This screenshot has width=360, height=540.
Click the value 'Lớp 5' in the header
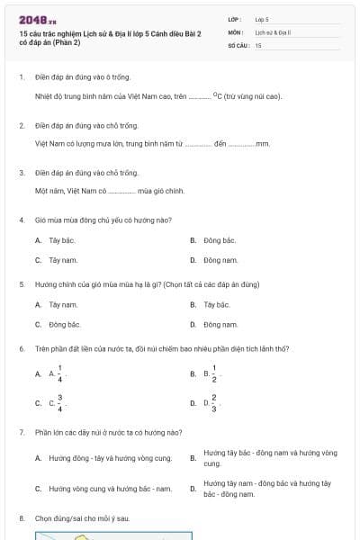click(262, 18)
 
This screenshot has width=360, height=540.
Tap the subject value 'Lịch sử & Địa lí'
click(268, 31)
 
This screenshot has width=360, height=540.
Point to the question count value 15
click(258, 45)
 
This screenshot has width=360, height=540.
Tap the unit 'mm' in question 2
click(263, 143)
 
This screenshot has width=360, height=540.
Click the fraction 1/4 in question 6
click(60, 373)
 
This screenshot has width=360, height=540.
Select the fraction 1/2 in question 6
click(214, 373)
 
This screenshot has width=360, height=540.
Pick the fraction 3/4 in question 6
click(60, 403)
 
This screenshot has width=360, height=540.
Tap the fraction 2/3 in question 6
click(214, 403)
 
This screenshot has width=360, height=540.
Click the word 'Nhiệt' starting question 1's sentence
click(44, 94)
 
